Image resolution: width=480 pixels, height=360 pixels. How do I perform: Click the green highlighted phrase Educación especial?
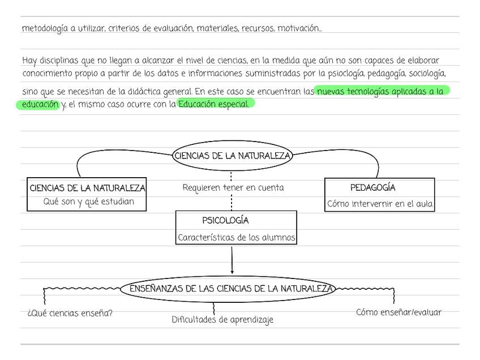(213, 104)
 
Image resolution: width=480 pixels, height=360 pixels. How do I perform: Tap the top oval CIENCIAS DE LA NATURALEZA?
(232, 156)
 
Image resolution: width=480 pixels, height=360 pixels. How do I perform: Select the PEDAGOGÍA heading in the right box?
(372, 188)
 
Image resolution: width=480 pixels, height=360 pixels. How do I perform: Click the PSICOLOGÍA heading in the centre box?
(225, 221)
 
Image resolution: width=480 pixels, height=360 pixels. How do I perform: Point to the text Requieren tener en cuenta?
(233, 188)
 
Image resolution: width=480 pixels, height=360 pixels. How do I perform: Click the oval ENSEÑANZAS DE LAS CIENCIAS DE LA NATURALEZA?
(231, 289)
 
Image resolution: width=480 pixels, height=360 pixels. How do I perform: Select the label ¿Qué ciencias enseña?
(70, 313)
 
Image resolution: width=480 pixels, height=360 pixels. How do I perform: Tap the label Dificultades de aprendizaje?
(222, 320)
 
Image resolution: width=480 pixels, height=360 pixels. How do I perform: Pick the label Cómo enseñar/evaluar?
(398, 312)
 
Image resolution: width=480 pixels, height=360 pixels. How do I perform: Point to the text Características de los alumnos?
(236, 238)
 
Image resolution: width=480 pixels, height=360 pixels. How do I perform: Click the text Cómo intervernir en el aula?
(380, 204)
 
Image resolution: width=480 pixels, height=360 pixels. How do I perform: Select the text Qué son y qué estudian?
(89, 202)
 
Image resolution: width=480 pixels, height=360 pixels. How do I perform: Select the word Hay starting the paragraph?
(29, 61)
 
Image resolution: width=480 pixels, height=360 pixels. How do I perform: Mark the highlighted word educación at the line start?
(40, 104)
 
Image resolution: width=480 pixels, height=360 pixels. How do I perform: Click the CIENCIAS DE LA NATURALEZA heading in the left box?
(87, 188)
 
